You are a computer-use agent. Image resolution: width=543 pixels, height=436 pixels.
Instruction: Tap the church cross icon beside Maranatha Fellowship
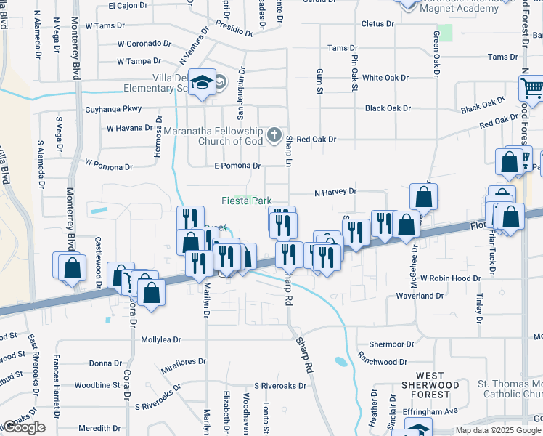click(274, 134)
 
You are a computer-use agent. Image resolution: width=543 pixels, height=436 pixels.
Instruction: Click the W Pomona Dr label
click(108, 165)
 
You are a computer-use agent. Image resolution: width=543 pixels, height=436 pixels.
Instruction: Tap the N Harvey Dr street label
click(335, 192)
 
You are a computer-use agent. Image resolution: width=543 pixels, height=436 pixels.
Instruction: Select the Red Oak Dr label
click(316, 139)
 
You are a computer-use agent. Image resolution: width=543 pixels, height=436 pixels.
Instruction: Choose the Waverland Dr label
click(419, 296)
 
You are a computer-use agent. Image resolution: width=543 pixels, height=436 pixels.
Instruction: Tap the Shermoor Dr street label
click(391, 344)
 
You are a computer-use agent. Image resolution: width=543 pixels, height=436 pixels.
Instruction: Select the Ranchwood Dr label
click(382, 361)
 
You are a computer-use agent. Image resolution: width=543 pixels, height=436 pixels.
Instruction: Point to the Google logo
click(24, 427)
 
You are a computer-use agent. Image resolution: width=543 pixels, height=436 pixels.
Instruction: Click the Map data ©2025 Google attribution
click(497, 430)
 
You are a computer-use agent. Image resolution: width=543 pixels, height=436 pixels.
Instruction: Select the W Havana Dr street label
click(131, 128)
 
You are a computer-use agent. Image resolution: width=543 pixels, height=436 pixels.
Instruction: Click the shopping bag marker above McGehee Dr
click(423, 197)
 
